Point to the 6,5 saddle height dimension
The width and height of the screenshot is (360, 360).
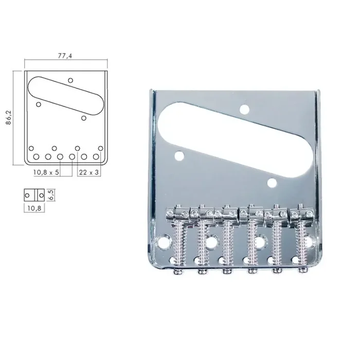(50, 195)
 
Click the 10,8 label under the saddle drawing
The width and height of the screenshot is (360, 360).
(34, 208)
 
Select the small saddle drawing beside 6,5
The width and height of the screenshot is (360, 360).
(34, 195)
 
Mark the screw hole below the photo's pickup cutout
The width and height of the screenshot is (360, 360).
(272, 182)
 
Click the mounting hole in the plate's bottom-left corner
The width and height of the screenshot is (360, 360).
(166, 241)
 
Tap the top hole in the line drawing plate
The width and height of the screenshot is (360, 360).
(70, 80)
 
